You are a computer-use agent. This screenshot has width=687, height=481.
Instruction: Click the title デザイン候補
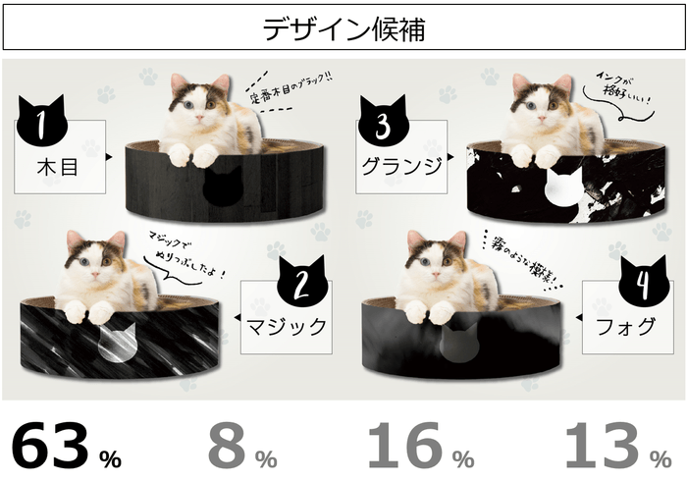(343, 28)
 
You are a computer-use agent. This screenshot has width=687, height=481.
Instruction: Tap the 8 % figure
(241, 447)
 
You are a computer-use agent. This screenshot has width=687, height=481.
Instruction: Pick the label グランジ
(401, 165)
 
